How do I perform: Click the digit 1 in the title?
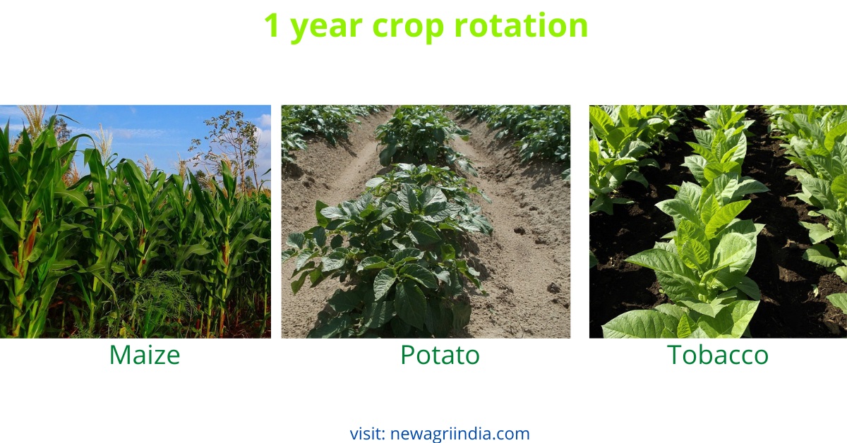[272, 26]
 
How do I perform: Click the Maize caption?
[144, 355]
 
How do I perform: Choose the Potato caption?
[440, 355]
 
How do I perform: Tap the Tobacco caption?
[718, 355]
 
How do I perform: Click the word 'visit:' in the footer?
[367, 433]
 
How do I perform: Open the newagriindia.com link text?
[459, 433]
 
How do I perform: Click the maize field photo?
[135, 233]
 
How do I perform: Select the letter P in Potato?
[407, 355]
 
